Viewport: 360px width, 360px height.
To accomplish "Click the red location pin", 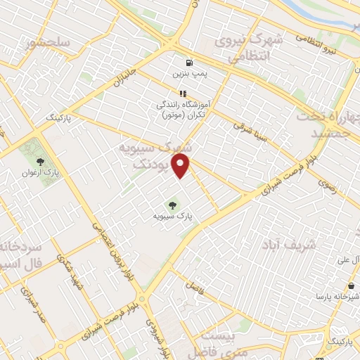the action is [x=182, y=167].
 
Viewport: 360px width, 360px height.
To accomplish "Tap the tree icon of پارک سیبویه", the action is [x=172, y=206].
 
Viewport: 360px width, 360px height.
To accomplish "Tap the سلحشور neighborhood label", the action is [x=49, y=43].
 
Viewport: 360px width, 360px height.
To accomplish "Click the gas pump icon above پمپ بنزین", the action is [x=189, y=62].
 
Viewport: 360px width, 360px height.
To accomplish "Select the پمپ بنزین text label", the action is [x=189, y=73].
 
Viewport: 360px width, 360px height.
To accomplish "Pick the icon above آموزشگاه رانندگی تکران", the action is [x=183, y=93].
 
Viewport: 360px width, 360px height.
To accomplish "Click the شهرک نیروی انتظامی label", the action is [x=250, y=49].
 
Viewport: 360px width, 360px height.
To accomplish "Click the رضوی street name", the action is [x=327, y=185].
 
